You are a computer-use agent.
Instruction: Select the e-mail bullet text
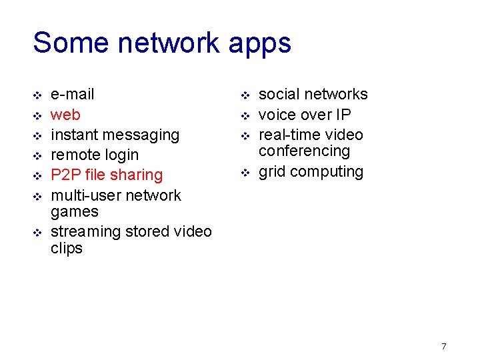(x=73, y=94)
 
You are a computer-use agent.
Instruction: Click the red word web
(x=65, y=115)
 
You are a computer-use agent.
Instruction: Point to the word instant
(x=75, y=135)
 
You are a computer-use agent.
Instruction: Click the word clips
(x=67, y=249)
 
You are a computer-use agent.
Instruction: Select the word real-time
(x=289, y=135)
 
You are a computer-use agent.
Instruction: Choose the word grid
(x=271, y=172)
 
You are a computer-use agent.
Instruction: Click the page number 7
(x=443, y=346)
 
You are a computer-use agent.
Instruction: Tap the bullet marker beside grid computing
(x=245, y=173)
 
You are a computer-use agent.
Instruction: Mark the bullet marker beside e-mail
(x=37, y=95)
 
